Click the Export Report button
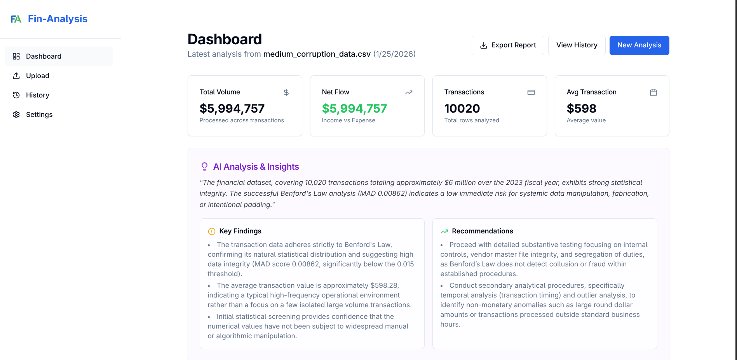tap(507, 45)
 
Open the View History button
tap(577, 45)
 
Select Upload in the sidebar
tap(38, 76)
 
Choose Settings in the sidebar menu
tap(39, 115)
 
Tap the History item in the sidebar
tap(38, 95)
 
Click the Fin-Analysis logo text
tap(57, 19)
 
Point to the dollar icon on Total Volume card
tap(286, 92)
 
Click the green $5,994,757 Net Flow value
tap(354, 108)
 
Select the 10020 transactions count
tap(462, 108)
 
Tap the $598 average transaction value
tap(581, 108)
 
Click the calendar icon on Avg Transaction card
tap(653, 92)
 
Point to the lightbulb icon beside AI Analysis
tap(204, 167)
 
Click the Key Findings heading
tap(240, 231)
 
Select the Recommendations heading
tap(482, 231)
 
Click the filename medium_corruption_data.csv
tap(317, 54)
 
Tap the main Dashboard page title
tap(225, 39)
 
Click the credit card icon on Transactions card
tap(531, 92)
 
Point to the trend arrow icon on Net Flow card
tap(409, 92)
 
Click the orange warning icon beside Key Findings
tap(212, 231)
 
